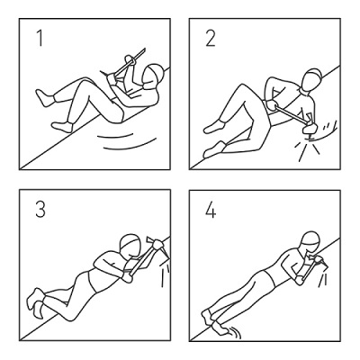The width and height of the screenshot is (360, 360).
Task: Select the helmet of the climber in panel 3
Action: click(x=131, y=243)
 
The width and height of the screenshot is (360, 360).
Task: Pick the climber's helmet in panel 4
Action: click(x=311, y=242)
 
